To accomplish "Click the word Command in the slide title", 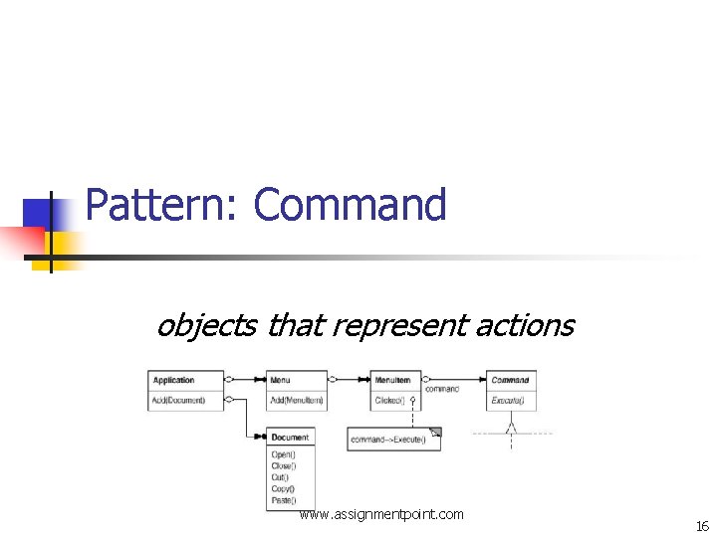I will pos(350,205).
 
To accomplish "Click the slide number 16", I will pos(702,526).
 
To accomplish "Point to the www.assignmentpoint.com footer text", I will pos(381,514).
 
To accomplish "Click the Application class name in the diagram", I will pos(175,380).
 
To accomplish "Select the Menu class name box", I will pos(297,380).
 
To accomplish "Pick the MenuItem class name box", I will pos(396,380).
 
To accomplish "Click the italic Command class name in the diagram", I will pos(511,380).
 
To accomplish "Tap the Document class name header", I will pos(290,437).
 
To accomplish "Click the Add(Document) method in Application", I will pos(178,400).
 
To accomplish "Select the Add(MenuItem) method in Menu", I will pos(297,400).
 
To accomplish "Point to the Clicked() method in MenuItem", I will pos(388,400).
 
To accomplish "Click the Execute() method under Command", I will pos(509,400).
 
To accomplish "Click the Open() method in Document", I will pos(283,454).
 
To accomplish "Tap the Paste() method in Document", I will pos(284,500).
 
